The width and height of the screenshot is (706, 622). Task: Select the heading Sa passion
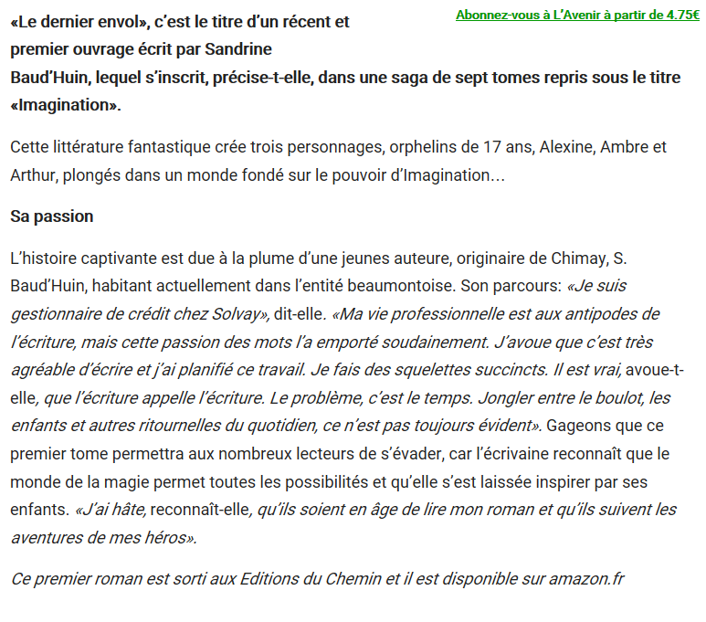pyautogui.click(x=52, y=217)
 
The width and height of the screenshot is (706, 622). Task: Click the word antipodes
pyautogui.click(x=604, y=314)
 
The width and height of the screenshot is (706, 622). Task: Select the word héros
pyautogui.click(x=166, y=537)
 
